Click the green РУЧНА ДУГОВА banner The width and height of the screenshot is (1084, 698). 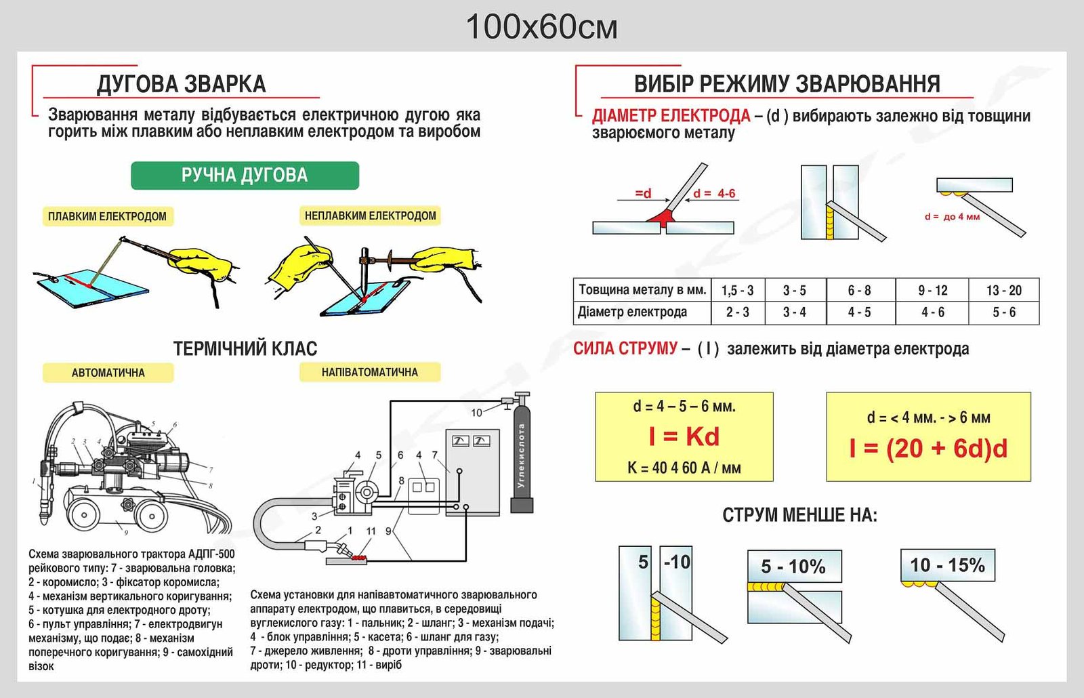(245, 176)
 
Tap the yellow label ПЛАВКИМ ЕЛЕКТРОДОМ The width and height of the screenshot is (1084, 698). (108, 216)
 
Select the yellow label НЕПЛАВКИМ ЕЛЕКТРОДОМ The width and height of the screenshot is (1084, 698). (370, 216)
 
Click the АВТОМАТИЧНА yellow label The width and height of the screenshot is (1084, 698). (108, 373)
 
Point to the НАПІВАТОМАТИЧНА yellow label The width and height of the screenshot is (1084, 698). (370, 372)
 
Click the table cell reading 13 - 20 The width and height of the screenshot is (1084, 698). (1004, 291)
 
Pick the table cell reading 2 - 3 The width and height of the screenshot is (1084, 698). (738, 312)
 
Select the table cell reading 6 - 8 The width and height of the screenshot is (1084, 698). (860, 291)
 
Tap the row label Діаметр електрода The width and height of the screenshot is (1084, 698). (633, 312)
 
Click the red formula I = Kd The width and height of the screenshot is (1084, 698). (684, 436)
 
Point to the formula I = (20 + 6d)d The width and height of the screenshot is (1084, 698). (928, 448)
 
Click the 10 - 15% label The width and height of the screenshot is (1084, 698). (948, 565)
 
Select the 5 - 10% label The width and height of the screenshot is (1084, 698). (793, 567)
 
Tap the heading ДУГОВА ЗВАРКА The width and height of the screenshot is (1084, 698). (182, 84)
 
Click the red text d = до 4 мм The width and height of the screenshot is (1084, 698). (952, 217)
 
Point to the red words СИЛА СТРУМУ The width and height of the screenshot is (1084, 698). (625, 348)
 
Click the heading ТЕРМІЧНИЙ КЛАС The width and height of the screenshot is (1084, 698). (245, 348)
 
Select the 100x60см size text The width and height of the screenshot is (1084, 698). (541, 27)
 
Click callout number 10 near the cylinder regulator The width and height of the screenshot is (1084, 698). (477, 413)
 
